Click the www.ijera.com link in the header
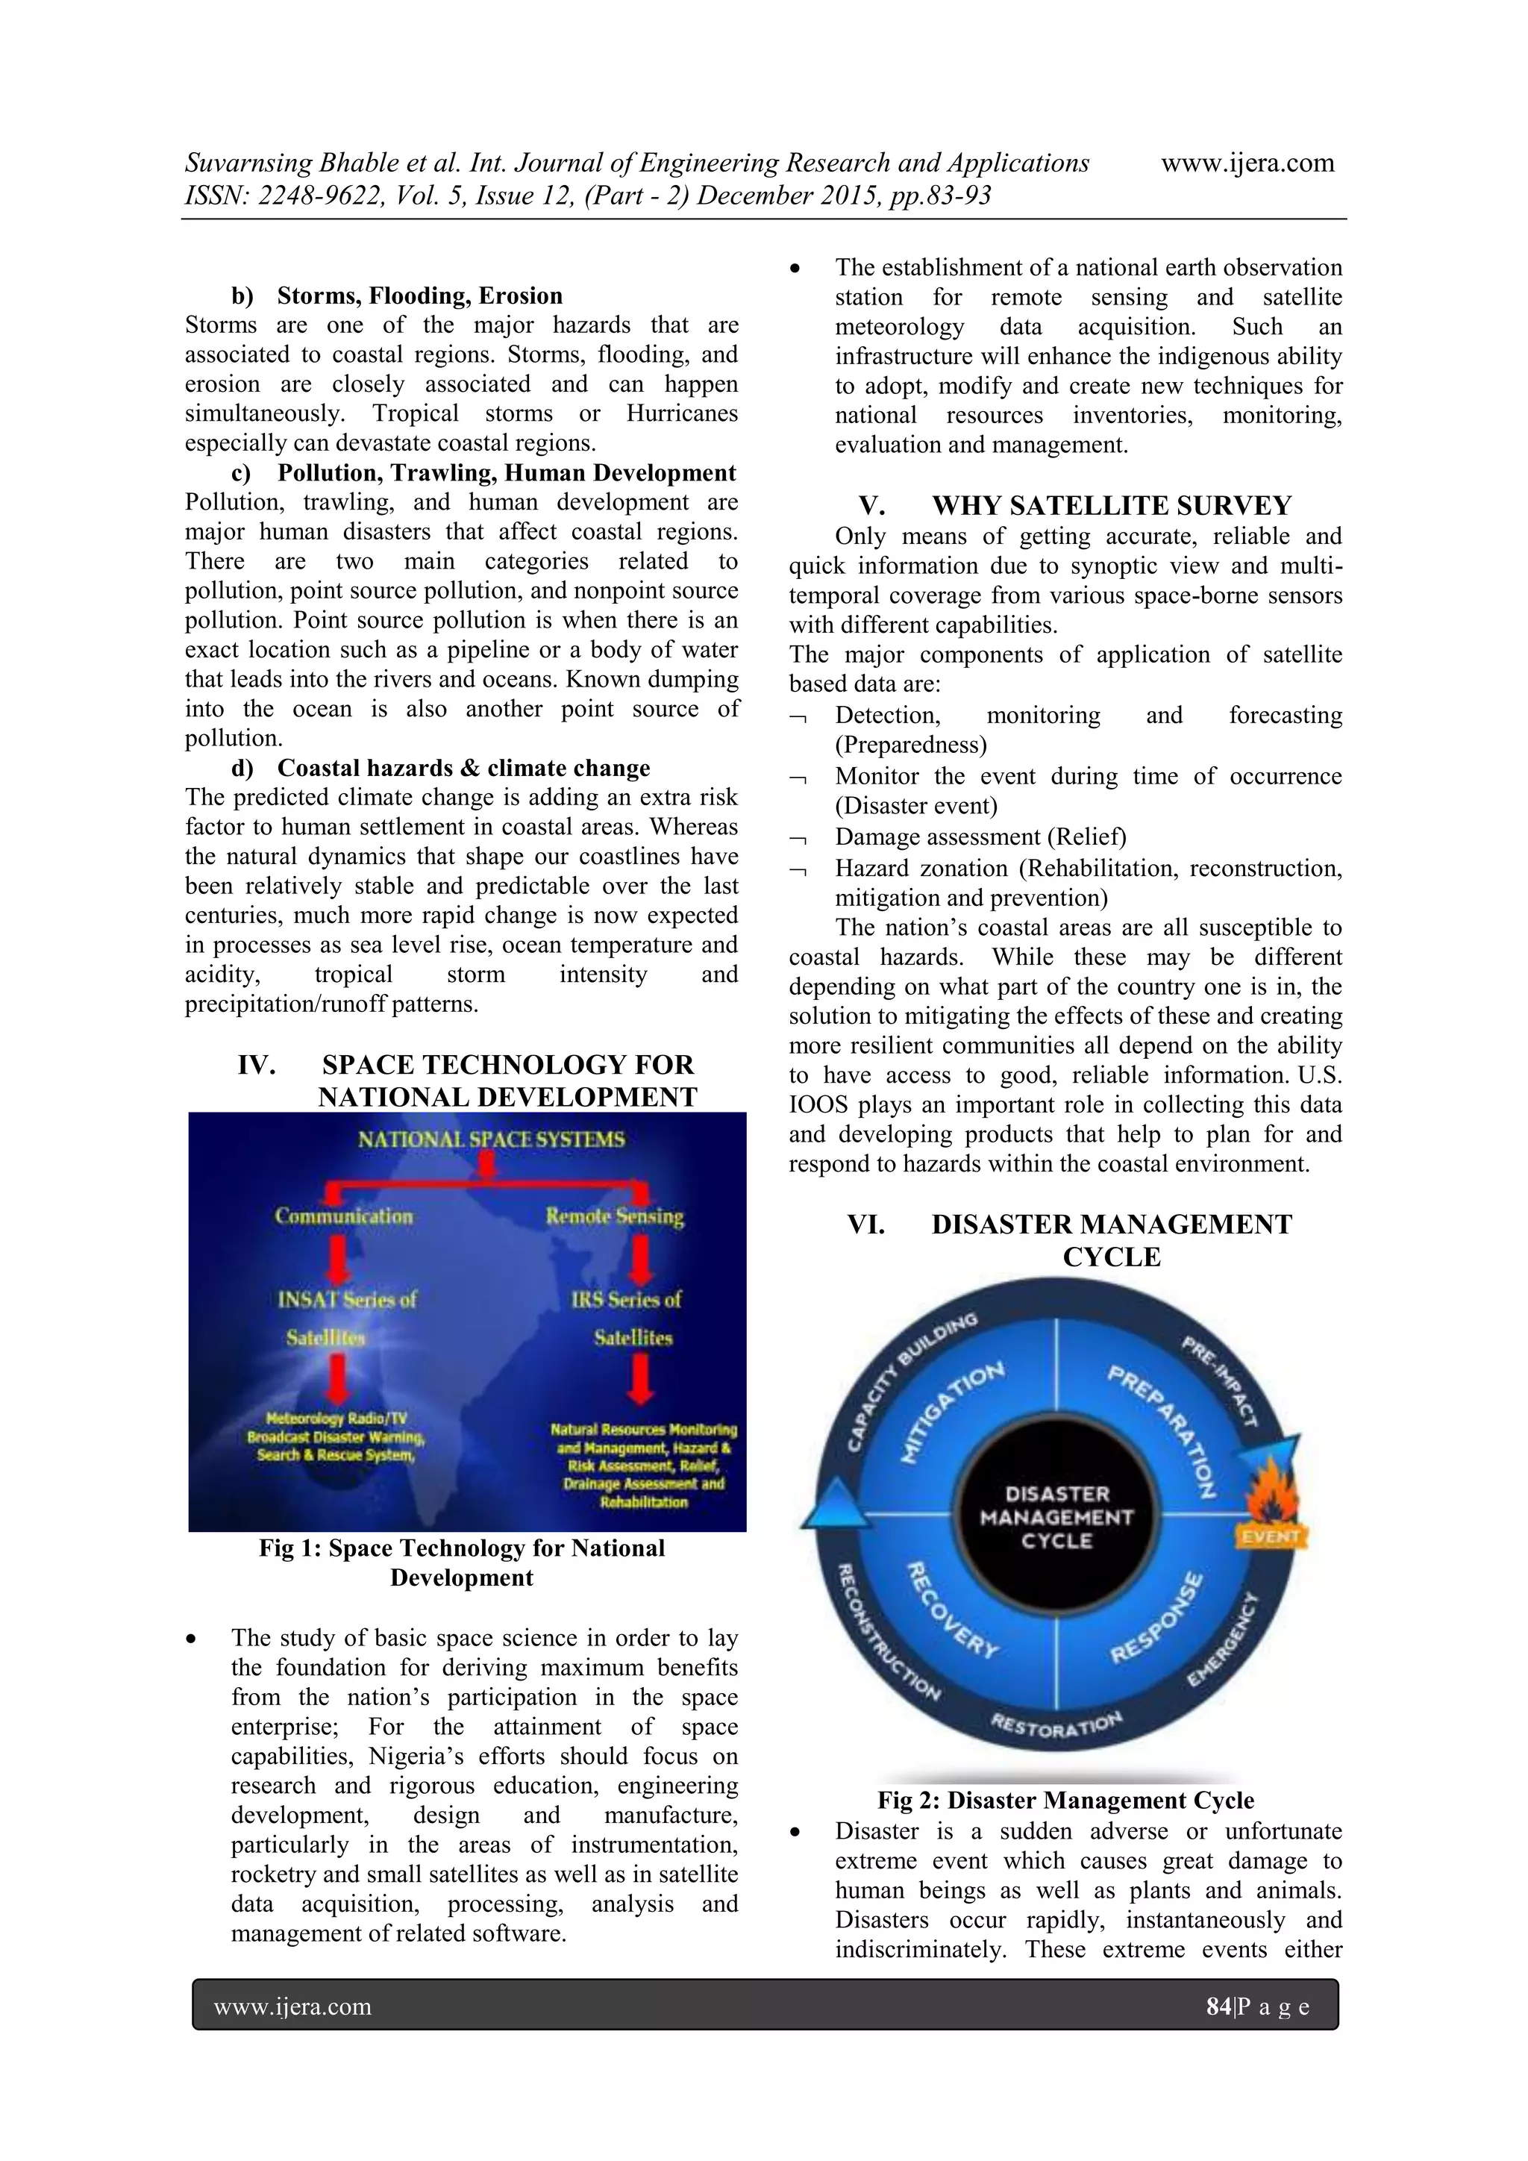coord(1247,163)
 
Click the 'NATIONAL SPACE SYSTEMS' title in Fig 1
coord(490,1139)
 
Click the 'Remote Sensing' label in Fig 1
coord(614,1216)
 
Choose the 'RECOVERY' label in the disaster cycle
coord(952,1610)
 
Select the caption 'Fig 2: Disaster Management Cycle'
coord(1065,1800)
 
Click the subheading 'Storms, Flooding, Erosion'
coord(419,295)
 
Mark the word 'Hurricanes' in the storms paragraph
coord(681,413)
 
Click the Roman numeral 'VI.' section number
coord(865,1225)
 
